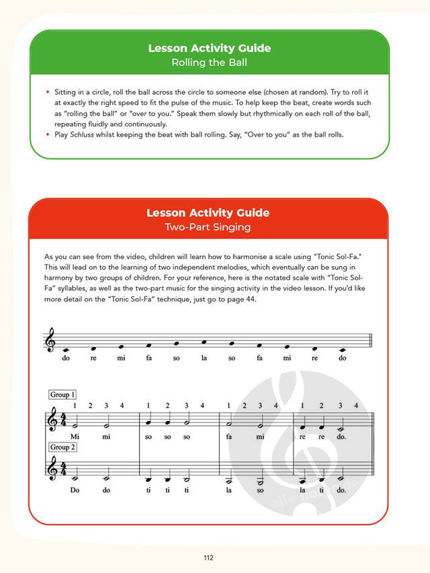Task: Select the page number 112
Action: tap(208, 558)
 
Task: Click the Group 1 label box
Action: tap(62, 395)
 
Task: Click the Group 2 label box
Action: tap(62, 447)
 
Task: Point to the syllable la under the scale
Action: tap(204, 358)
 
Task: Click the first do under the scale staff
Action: tap(66, 358)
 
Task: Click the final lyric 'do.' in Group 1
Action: tap(342, 436)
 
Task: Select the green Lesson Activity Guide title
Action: tap(208, 48)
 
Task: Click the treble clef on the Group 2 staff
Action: tap(51, 471)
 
